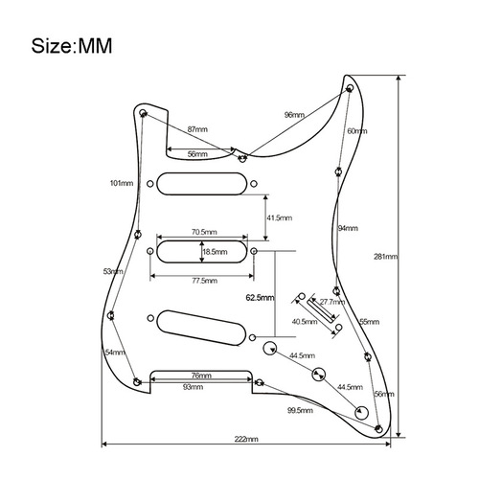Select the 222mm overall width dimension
tap(246, 438)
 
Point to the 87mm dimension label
tap(198, 128)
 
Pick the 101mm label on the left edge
tap(121, 182)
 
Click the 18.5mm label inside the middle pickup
tap(216, 252)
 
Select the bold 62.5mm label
tap(260, 297)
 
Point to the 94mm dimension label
tap(348, 228)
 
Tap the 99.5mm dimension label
tap(298, 409)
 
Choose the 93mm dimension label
tap(192, 388)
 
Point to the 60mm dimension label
tap(356, 130)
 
